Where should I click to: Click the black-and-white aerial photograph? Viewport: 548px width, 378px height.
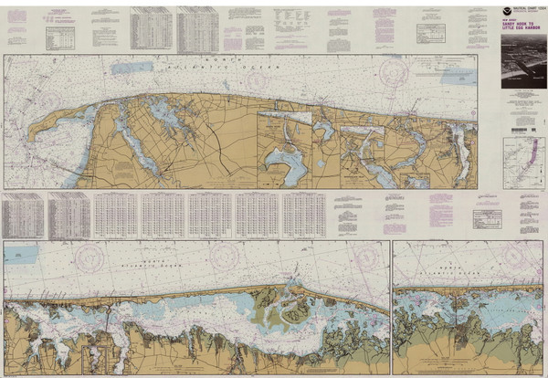tap(523, 66)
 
